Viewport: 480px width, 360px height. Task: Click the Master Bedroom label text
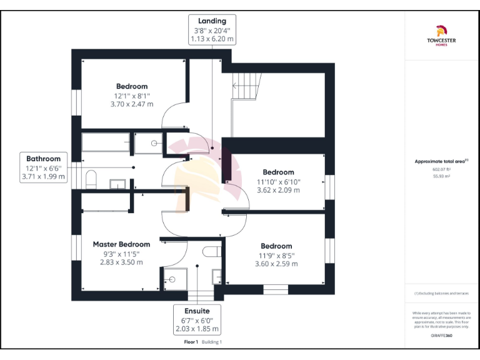(122, 244)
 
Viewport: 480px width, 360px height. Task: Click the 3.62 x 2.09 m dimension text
(278, 190)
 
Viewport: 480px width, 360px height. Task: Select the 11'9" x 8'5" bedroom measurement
(276, 255)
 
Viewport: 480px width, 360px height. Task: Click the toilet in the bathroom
(90, 179)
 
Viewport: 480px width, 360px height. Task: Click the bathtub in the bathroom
(106, 144)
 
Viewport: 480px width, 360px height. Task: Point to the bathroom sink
(118, 184)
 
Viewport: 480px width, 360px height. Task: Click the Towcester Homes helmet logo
(441, 30)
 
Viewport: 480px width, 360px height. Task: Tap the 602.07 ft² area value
(441, 169)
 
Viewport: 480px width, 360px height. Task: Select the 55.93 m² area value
(441, 176)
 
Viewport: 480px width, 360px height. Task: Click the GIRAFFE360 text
(441, 336)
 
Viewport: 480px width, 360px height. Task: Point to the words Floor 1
(191, 342)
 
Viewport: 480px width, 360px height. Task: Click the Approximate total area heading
(441, 161)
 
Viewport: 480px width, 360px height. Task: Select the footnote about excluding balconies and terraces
(441, 293)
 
